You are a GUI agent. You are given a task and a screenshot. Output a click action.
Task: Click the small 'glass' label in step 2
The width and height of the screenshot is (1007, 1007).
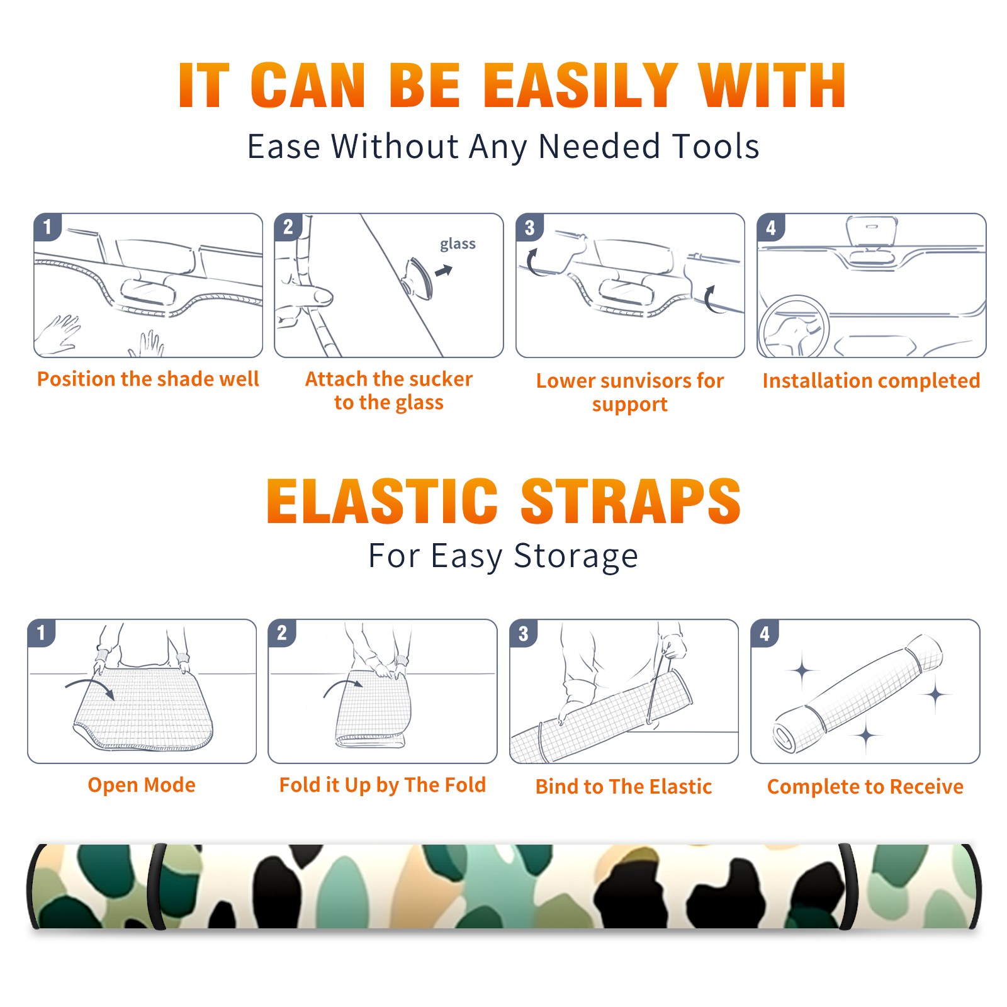coord(458,244)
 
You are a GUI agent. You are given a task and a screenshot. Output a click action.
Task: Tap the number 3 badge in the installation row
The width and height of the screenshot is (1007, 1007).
coord(530,227)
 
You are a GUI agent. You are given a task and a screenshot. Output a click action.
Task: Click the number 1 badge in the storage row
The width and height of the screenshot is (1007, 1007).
coord(42,633)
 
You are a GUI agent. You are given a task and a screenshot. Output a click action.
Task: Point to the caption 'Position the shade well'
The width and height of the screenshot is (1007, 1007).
coord(148,379)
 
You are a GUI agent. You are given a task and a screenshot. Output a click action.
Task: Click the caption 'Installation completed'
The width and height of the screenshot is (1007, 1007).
coord(871,381)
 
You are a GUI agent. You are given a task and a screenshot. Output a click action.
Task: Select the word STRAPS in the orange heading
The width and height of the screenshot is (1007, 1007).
coord(631,501)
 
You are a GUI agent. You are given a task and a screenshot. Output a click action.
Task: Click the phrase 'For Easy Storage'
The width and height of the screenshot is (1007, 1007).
coord(503,556)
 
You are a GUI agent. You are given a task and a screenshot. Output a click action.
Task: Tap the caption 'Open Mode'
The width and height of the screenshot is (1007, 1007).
coord(142,785)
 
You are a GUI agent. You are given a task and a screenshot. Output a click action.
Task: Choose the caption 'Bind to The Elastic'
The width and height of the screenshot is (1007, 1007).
coord(624,787)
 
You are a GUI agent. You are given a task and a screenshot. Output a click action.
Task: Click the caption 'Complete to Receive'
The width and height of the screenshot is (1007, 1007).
coord(865,787)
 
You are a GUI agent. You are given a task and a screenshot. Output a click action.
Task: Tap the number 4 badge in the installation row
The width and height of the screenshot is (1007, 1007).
coord(771,227)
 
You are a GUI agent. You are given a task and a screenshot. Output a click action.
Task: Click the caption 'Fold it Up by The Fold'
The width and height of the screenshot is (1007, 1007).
coord(383,785)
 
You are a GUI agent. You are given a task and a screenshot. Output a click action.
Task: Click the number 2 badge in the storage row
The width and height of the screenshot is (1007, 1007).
coord(282,633)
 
